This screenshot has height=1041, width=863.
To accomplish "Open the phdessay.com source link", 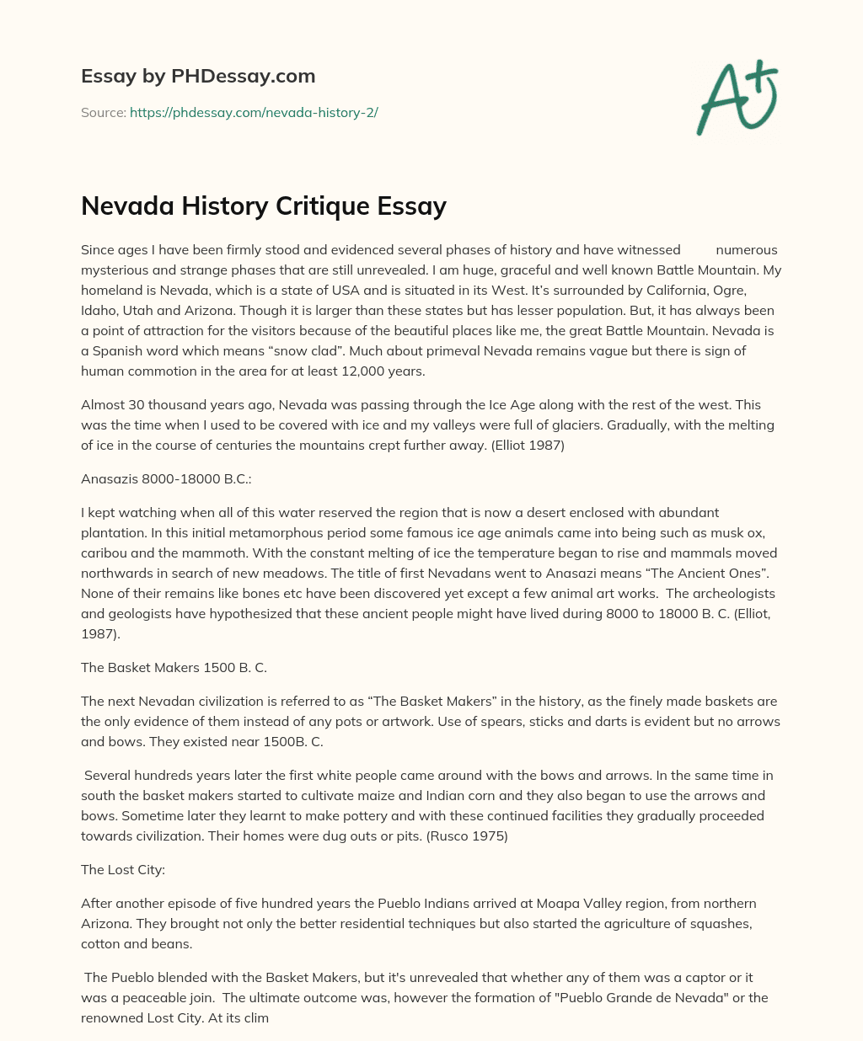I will tap(254, 112).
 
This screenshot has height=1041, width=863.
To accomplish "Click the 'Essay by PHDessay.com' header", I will tap(198, 77).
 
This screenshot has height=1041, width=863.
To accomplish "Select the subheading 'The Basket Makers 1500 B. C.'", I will tap(174, 667).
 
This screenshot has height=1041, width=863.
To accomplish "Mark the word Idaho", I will tap(100, 311).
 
